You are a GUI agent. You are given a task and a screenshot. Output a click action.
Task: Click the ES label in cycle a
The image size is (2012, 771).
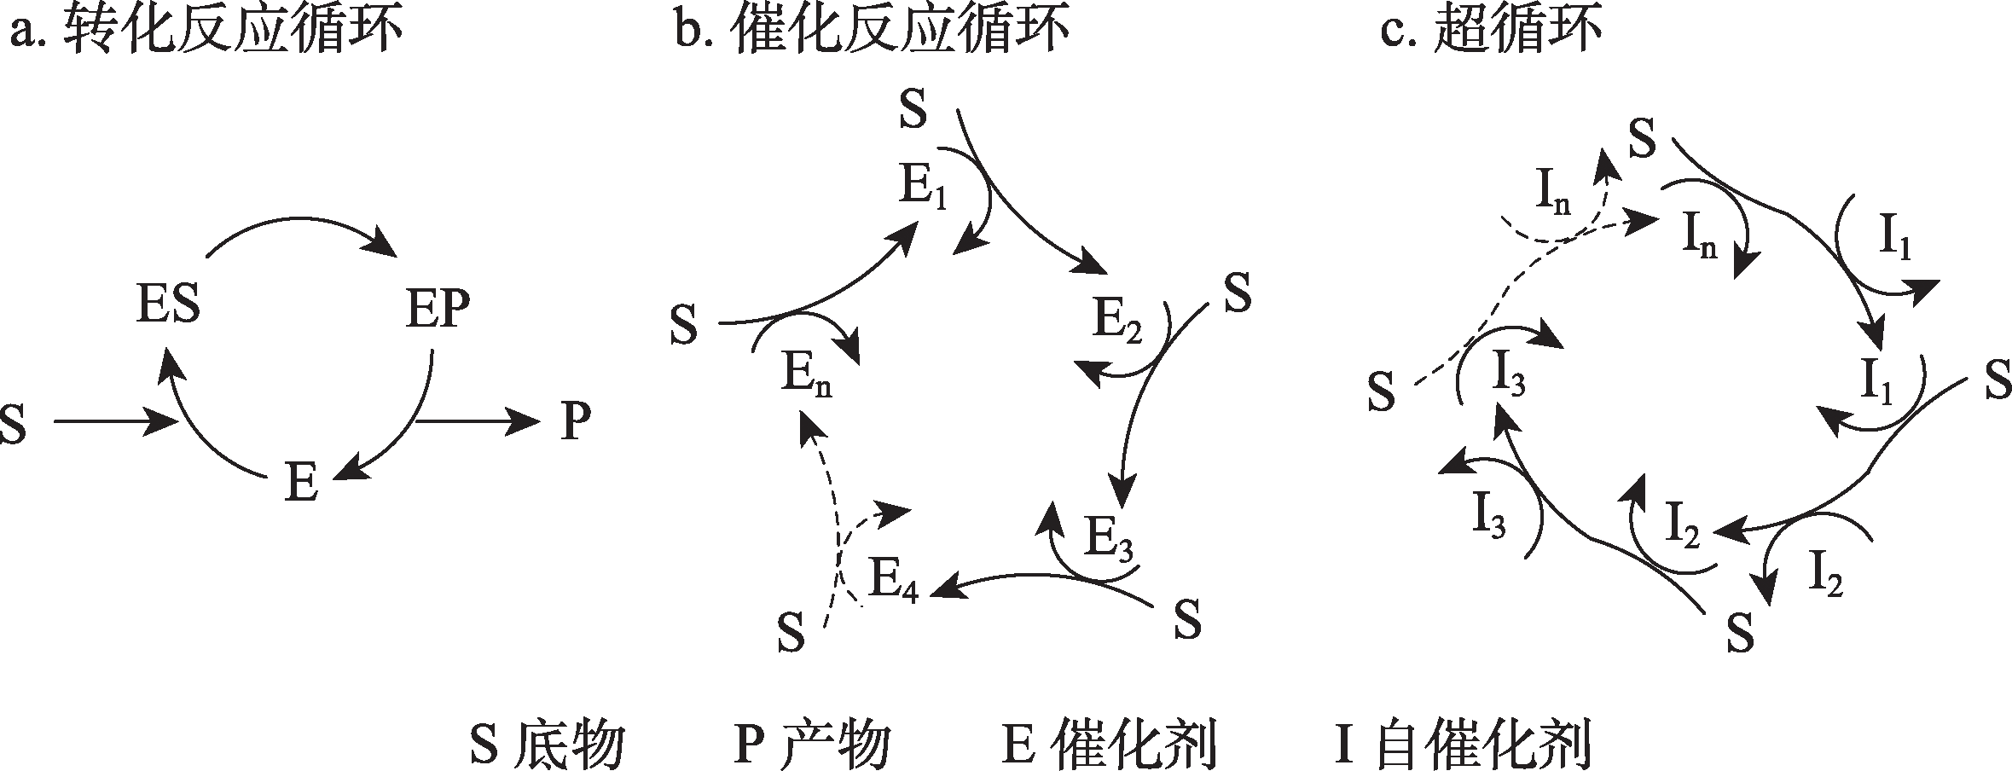(168, 305)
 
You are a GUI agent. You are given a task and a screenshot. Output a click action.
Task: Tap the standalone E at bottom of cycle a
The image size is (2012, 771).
(302, 484)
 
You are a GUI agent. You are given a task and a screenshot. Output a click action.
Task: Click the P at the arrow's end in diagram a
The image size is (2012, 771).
(576, 421)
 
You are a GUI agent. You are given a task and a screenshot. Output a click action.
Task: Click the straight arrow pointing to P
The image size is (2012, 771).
(478, 420)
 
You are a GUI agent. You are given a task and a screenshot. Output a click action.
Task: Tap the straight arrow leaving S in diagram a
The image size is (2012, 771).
(115, 421)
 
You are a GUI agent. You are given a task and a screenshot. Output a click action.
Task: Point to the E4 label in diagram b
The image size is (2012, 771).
(894, 581)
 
